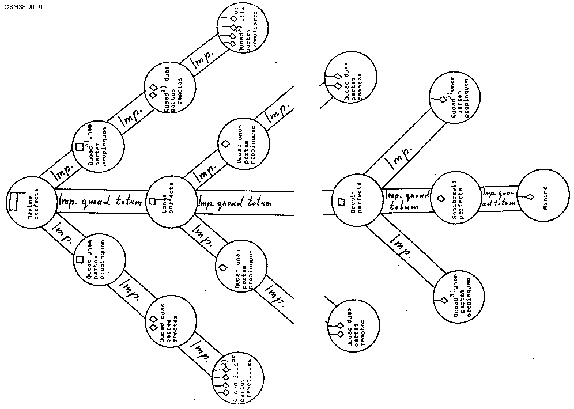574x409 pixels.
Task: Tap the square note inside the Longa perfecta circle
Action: pyautogui.click(x=153, y=202)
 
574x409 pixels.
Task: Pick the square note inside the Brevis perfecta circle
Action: pyautogui.click(x=341, y=202)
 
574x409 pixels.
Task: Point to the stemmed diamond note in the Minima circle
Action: pyautogui.click(x=528, y=198)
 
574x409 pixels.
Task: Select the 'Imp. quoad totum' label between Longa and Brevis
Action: pyautogui.click(x=235, y=203)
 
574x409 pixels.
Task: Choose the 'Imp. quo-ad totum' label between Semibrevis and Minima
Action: pyautogui.click(x=499, y=198)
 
